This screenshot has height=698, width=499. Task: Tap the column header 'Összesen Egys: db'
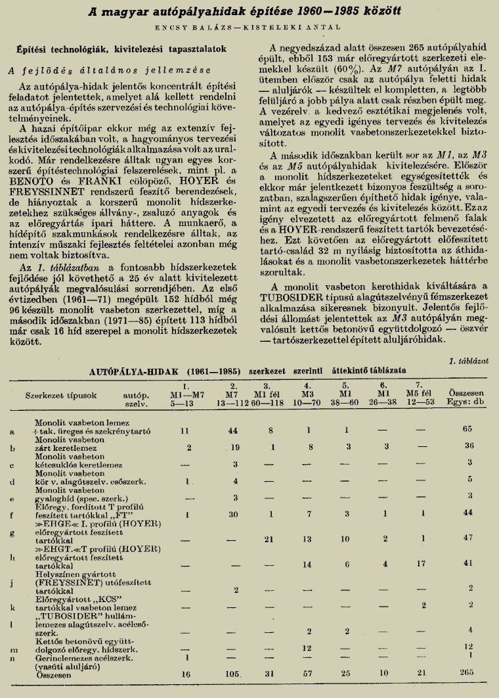pos(467,395)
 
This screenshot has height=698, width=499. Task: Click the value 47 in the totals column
pos(467,537)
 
